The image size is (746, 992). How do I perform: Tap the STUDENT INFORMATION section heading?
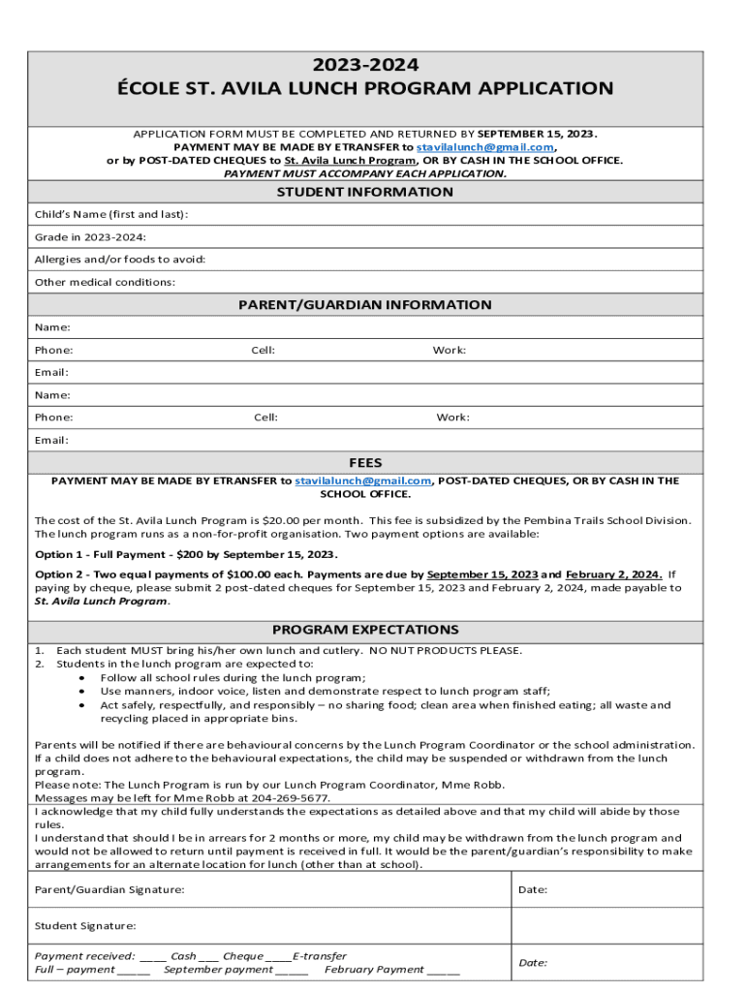point(364,192)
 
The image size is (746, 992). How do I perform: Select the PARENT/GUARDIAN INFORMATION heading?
point(364,304)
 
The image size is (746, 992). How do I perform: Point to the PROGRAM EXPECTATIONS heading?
point(365,630)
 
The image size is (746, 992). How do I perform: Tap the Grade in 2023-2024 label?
point(91,236)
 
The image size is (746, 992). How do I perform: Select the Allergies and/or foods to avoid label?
point(120,260)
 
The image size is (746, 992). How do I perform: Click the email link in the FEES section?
point(362,480)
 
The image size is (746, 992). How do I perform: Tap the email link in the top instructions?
point(484,147)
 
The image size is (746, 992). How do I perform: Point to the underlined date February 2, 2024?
point(614,573)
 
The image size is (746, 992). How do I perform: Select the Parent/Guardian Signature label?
point(109,889)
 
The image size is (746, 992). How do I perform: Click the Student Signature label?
point(85,926)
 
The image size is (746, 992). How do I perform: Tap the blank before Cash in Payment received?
point(153,956)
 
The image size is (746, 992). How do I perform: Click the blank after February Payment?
point(444,970)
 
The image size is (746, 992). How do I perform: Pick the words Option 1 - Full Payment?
point(102,554)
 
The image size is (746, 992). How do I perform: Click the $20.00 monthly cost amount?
point(266,520)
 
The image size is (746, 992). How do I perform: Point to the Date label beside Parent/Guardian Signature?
point(533,889)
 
